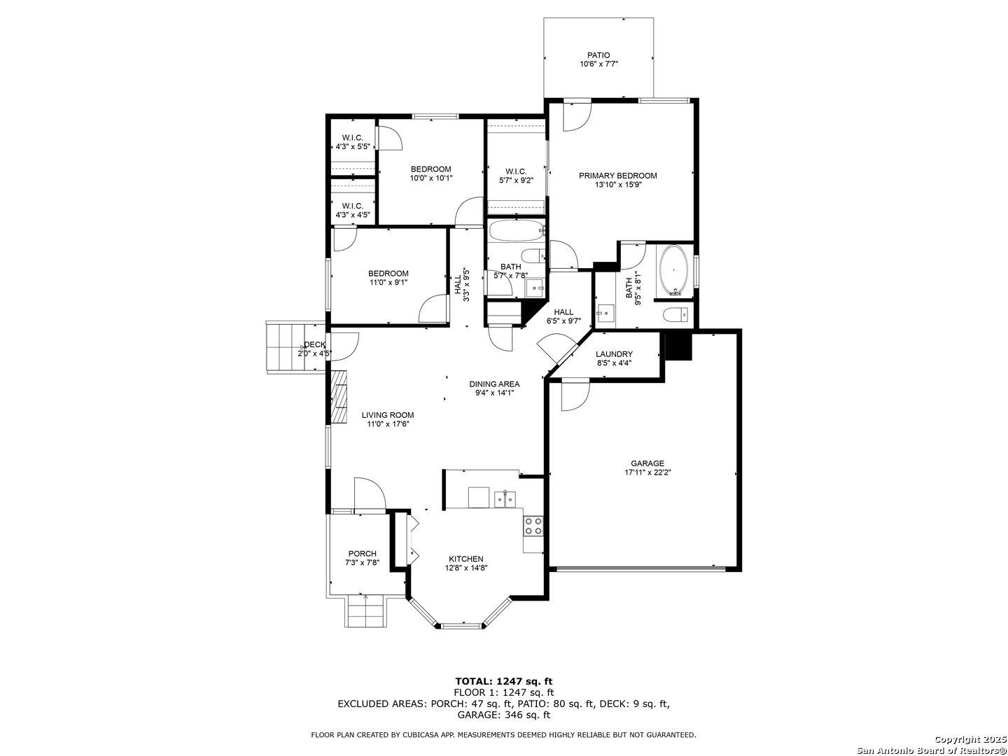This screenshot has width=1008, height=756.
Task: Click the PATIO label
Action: [x=598, y=55]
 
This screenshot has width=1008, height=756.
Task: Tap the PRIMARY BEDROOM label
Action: [x=617, y=176]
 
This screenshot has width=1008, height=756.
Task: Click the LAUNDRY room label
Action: [x=614, y=354]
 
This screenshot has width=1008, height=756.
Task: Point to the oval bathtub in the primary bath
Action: [x=673, y=270]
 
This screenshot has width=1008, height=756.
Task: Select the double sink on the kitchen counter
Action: [x=505, y=499]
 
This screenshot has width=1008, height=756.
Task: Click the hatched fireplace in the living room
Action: [x=339, y=397]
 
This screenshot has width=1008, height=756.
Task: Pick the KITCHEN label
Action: [x=465, y=559]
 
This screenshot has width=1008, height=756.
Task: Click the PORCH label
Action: [x=363, y=554]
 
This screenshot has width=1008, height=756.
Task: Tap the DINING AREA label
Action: [x=494, y=384]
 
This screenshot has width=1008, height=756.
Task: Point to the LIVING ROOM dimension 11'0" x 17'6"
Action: [x=388, y=424]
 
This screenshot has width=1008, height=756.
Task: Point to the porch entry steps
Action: [x=365, y=611]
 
